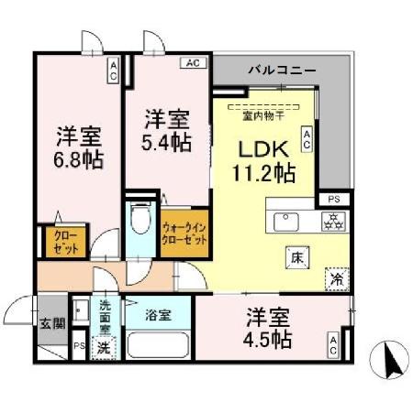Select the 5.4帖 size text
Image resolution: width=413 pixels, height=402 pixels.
click(167, 142)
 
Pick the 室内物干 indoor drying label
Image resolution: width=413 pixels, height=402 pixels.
click(264, 116)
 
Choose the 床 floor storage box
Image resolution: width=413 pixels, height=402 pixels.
click(296, 257)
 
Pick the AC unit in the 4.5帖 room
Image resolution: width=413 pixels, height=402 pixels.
click(332, 344)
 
